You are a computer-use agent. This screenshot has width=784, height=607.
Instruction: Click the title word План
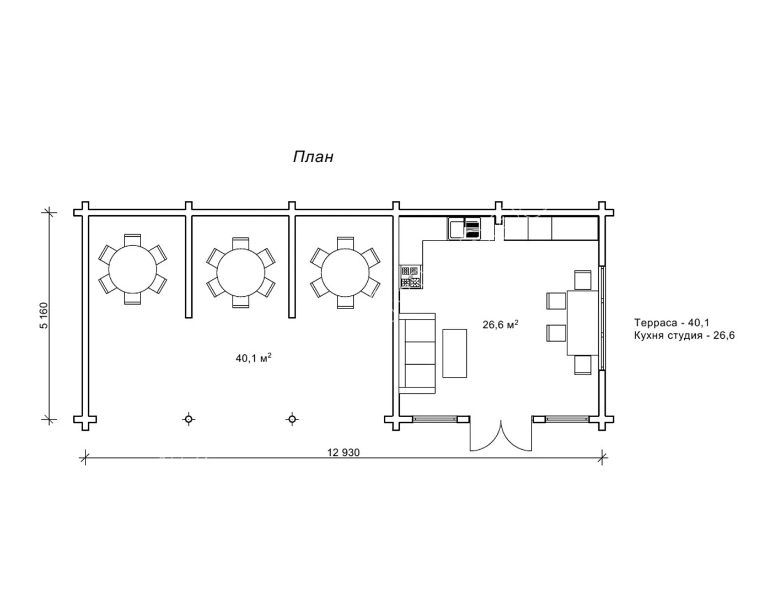313,157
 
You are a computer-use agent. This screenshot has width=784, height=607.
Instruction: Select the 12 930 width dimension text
343,452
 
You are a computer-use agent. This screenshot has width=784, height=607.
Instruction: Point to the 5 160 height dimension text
44,316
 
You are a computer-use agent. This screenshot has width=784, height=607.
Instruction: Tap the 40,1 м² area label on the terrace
253,358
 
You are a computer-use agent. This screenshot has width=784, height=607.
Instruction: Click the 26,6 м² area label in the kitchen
501,324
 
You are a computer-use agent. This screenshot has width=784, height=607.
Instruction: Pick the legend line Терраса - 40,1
672,322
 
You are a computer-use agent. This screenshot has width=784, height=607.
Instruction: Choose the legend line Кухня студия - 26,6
684,336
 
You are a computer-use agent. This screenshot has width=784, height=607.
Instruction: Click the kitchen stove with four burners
411,276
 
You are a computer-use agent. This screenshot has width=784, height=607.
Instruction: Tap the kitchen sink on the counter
464,228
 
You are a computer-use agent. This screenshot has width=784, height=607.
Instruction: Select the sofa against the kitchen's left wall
417,353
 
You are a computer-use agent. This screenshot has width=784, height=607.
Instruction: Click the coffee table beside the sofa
455,353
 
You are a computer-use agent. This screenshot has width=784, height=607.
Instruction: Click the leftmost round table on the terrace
133,269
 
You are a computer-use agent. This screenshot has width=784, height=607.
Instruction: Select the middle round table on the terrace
240,273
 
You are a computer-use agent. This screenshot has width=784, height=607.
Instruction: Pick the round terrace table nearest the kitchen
345,272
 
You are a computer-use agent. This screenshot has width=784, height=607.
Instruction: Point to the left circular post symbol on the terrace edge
189,419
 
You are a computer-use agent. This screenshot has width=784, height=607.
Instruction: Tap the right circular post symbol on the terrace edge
292,419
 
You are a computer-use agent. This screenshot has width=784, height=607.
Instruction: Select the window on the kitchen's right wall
602,318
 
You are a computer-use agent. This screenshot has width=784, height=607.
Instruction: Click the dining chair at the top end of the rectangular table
583,280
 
